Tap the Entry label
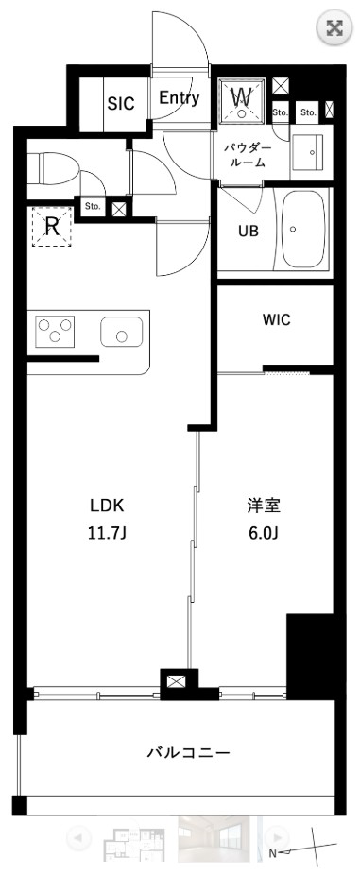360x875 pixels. pyautogui.click(x=179, y=98)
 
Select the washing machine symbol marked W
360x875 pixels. pyautogui.click(x=242, y=97)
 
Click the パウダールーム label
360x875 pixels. pyautogui.click(x=249, y=156)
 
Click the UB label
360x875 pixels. pyautogui.click(x=247, y=230)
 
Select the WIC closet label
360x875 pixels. pyautogui.click(x=276, y=320)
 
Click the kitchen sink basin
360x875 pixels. pyautogui.click(x=121, y=332)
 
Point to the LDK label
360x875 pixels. pyautogui.click(x=106, y=505)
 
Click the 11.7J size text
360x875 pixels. pyautogui.click(x=106, y=532)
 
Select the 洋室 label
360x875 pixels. pyautogui.click(x=263, y=505)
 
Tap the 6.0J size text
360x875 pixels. pyautogui.click(x=263, y=532)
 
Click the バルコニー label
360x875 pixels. pyautogui.click(x=188, y=753)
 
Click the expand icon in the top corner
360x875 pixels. pyautogui.click(x=333, y=27)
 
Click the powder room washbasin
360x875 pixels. pyautogui.click(x=307, y=150)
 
